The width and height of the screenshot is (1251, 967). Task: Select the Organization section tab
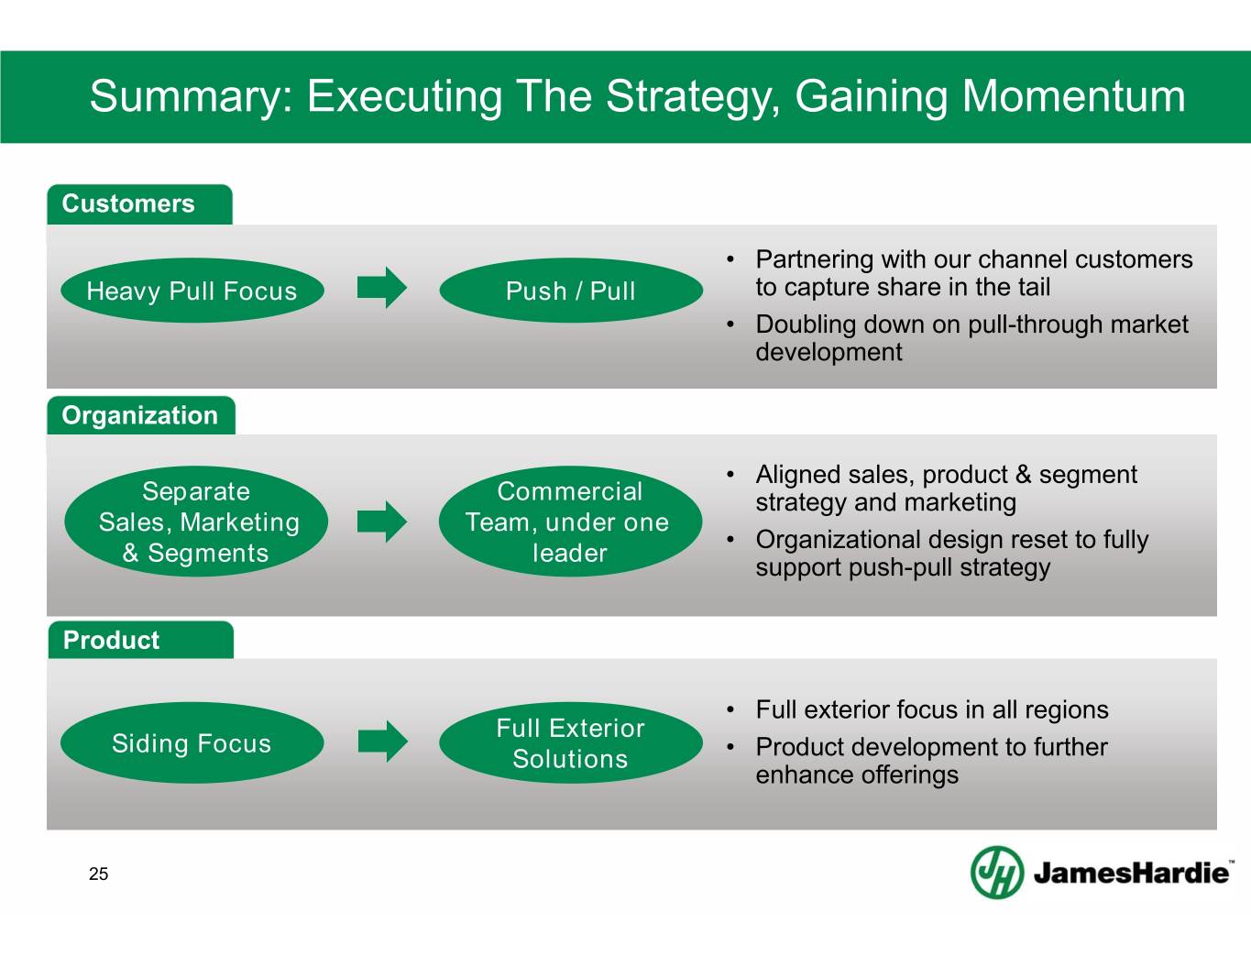140,415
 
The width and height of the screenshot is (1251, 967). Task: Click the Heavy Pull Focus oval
192,291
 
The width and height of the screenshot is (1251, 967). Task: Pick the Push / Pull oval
570,291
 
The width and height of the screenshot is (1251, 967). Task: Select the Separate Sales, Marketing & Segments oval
196,522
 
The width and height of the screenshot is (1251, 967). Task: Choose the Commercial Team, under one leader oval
569,522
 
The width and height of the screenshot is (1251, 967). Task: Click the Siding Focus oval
192,742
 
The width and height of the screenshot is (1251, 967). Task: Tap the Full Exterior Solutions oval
570,742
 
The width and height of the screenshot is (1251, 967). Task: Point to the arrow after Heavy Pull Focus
381,288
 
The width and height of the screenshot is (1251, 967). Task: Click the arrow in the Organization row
381,522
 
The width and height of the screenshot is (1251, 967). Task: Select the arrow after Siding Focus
382,742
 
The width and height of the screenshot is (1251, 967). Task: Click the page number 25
98,874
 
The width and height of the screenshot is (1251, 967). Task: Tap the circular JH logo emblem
996,872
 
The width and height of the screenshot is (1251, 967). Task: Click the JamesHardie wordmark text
1132,873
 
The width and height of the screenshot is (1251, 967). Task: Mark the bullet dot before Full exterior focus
730,710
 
